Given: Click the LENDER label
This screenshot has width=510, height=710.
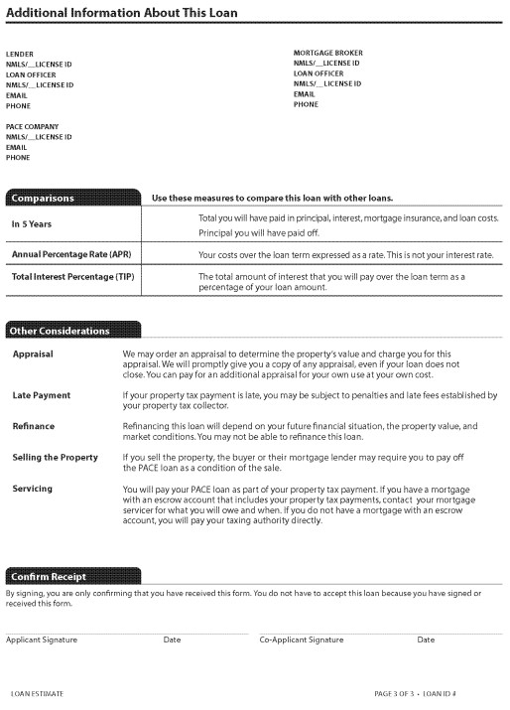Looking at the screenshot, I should click(20, 54).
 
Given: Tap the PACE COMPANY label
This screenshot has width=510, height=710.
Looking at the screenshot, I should click(33, 127).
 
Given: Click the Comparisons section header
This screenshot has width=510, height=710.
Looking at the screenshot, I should click(45, 199).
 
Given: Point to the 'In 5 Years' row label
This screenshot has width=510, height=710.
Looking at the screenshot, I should click(32, 224).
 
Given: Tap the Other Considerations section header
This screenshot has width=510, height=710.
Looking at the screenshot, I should click(62, 330).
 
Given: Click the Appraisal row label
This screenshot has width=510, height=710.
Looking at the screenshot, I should click(33, 354).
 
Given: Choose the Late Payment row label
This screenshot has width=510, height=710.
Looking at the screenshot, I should click(41, 395).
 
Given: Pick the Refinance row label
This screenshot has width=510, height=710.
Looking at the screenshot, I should click(34, 426).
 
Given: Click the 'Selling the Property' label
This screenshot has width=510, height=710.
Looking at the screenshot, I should click(55, 458).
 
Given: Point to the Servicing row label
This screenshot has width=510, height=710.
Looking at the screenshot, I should click(33, 489).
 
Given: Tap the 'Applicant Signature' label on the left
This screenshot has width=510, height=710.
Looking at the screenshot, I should click(42, 640).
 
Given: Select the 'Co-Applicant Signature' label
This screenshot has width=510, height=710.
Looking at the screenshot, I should click(302, 640).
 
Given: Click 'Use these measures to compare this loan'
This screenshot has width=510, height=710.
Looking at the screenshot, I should click(259, 199).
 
